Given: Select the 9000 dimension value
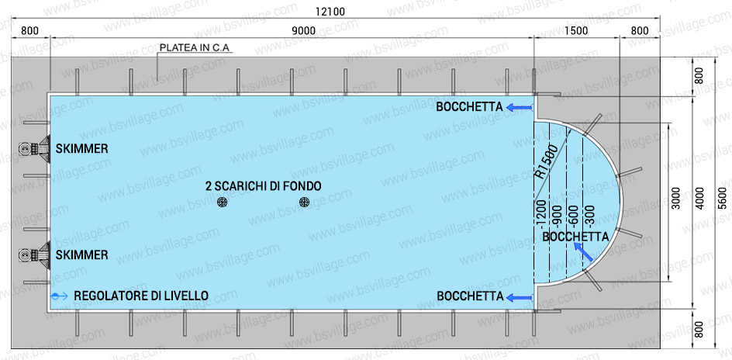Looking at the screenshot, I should click(x=303, y=30).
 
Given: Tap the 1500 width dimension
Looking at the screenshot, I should click(x=576, y=30).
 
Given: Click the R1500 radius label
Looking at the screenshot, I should click(x=547, y=163).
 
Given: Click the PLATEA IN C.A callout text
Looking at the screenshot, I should click(x=195, y=47).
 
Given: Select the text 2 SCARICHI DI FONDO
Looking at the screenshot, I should click(x=263, y=186).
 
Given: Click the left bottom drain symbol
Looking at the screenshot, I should click(x=223, y=202).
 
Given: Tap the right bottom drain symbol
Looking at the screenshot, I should click(x=304, y=202).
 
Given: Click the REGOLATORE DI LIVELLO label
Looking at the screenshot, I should click(x=141, y=296).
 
